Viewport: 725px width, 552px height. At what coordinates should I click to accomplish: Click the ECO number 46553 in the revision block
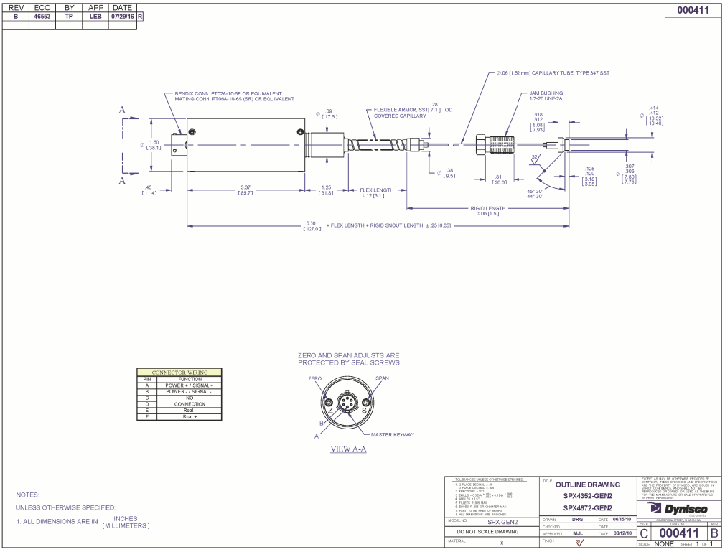click(x=42, y=16)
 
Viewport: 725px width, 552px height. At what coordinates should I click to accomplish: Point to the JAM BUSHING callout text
click(x=546, y=93)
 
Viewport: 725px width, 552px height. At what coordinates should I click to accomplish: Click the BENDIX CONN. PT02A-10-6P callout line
click(x=228, y=93)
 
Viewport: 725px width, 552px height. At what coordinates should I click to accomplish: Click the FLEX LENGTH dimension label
click(x=376, y=190)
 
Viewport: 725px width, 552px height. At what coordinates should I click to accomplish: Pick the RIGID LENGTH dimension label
click(x=488, y=208)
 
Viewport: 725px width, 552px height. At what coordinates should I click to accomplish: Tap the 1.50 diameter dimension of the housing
click(x=154, y=142)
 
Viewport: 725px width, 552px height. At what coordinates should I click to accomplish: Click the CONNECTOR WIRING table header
click(x=179, y=373)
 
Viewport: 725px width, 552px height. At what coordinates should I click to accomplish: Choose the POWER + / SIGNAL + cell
click(x=190, y=385)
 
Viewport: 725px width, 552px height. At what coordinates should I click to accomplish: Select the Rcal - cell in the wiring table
click(x=190, y=411)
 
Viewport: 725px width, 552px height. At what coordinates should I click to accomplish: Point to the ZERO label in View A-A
click(x=315, y=378)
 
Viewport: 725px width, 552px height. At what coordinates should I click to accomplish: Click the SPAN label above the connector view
click(x=382, y=378)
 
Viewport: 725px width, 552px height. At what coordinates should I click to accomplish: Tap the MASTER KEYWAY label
click(x=393, y=434)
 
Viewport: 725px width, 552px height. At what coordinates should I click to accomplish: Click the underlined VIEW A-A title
click(x=348, y=449)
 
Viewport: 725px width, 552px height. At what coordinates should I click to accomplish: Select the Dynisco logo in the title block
click(x=678, y=509)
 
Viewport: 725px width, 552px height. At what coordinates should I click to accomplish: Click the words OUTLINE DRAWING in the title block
click(x=588, y=485)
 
